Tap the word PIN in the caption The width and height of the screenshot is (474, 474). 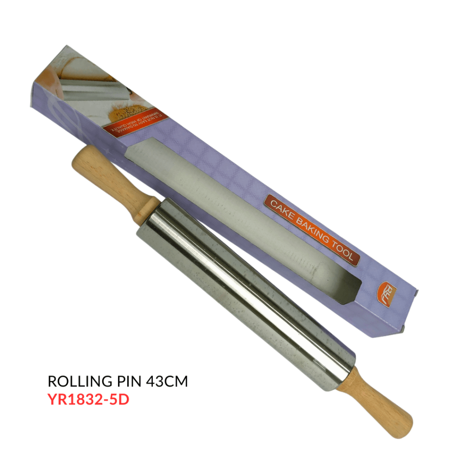coord(127,382)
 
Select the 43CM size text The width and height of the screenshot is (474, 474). coord(167,382)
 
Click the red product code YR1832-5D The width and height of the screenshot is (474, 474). coord(88,399)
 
